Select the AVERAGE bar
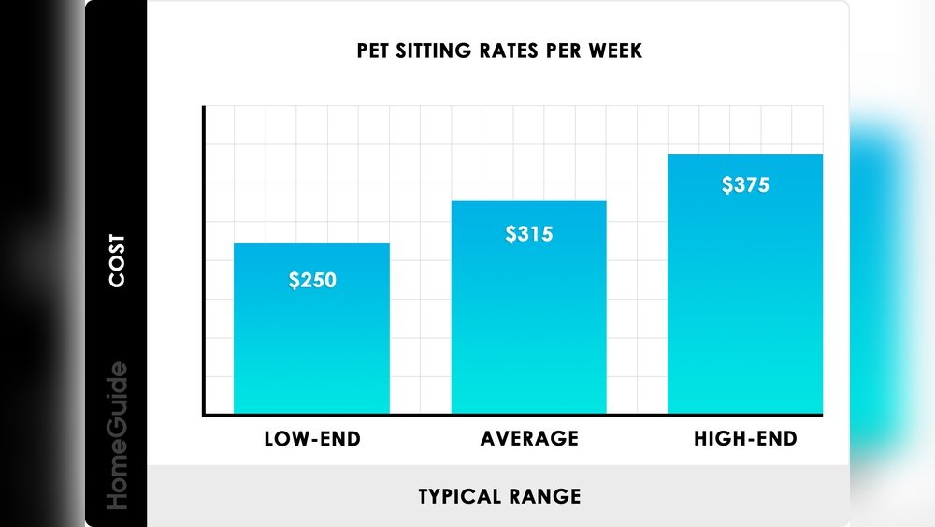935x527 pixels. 528,328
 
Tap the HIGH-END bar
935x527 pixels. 745,309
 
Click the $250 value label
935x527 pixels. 311,280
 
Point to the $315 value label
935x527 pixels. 529,234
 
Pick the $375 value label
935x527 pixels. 745,184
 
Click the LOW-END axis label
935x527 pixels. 312,439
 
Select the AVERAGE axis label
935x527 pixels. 529,439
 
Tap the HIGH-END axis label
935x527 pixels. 745,439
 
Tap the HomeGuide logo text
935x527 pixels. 117,435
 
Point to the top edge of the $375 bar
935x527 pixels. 745,155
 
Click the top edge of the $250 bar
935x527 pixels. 311,244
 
